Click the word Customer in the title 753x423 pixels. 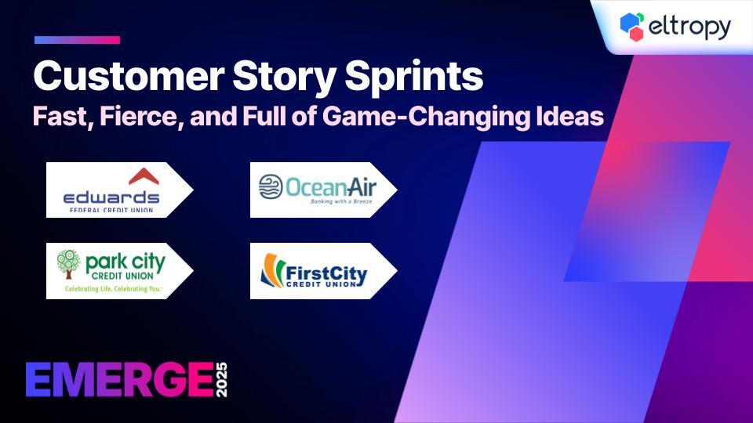(129, 76)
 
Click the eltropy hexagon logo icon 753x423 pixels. (632, 27)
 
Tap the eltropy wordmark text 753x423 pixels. (689, 27)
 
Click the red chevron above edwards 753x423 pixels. (144, 177)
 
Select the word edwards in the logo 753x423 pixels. (111, 197)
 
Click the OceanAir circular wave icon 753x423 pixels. (271, 186)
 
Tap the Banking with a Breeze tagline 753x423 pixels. (341, 202)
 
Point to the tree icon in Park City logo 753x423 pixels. (68, 264)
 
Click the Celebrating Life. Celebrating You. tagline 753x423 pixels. (114, 289)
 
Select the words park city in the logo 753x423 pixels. (125, 263)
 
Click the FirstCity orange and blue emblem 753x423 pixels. (273, 270)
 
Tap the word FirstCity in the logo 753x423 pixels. (326, 273)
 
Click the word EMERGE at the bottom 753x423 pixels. (120, 380)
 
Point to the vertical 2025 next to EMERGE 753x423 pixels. (221, 380)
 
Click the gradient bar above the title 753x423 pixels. (78, 40)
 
